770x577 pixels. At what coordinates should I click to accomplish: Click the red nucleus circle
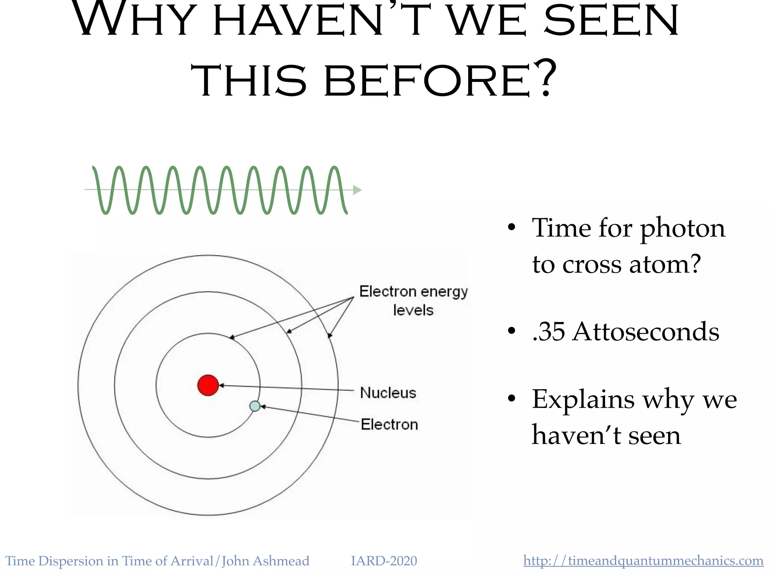click(x=208, y=385)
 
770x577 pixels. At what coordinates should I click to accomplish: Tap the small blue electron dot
click(x=255, y=406)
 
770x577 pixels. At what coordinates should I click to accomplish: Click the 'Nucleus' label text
click(x=388, y=393)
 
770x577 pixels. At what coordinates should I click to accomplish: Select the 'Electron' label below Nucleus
click(x=389, y=424)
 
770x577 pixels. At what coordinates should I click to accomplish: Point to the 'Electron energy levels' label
click(x=413, y=301)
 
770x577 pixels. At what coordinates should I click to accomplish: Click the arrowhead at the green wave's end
click(x=357, y=190)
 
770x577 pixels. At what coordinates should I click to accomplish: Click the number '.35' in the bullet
click(x=549, y=332)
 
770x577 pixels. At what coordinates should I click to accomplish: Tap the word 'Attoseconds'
click(x=645, y=332)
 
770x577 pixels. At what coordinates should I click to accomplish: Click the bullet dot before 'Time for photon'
click(x=511, y=228)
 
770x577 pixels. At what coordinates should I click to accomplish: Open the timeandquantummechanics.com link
click(x=643, y=561)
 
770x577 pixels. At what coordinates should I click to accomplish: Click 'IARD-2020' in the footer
click(x=383, y=561)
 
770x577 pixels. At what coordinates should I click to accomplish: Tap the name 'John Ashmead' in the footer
click(x=265, y=561)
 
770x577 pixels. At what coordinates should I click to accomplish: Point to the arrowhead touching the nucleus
click(x=222, y=385)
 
